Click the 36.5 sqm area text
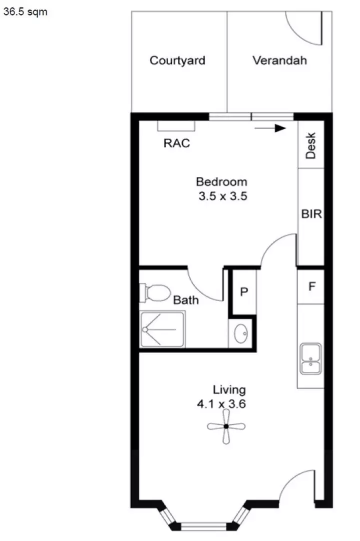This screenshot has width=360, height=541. click(x=26, y=12)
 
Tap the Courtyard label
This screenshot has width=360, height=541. click(x=178, y=61)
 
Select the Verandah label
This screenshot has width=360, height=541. click(x=279, y=61)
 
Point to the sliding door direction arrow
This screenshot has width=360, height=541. click(x=270, y=128)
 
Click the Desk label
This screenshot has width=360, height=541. click(x=311, y=145)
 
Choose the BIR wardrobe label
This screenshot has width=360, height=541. click(x=311, y=214)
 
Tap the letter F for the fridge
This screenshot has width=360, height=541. click(x=311, y=287)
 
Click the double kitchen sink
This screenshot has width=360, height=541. click(x=311, y=359)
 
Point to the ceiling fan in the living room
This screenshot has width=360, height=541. click(x=226, y=426)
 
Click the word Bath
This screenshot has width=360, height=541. click(x=186, y=300)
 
